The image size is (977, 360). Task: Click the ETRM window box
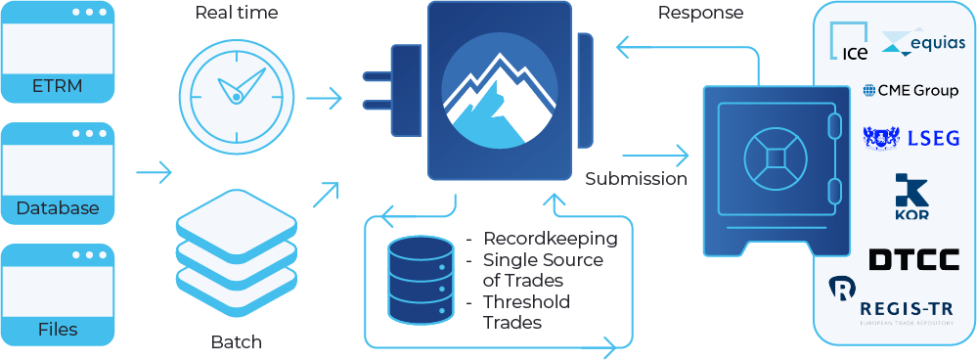point(58,54)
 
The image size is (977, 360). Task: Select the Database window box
point(58,173)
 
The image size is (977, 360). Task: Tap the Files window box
point(58,296)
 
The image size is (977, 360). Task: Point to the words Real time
point(236,13)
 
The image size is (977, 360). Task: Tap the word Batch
point(236,342)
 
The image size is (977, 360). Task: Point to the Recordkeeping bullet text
point(551,238)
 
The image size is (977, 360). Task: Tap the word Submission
point(636,179)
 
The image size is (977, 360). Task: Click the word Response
point(700,13)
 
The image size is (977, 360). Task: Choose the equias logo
point(924,42)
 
